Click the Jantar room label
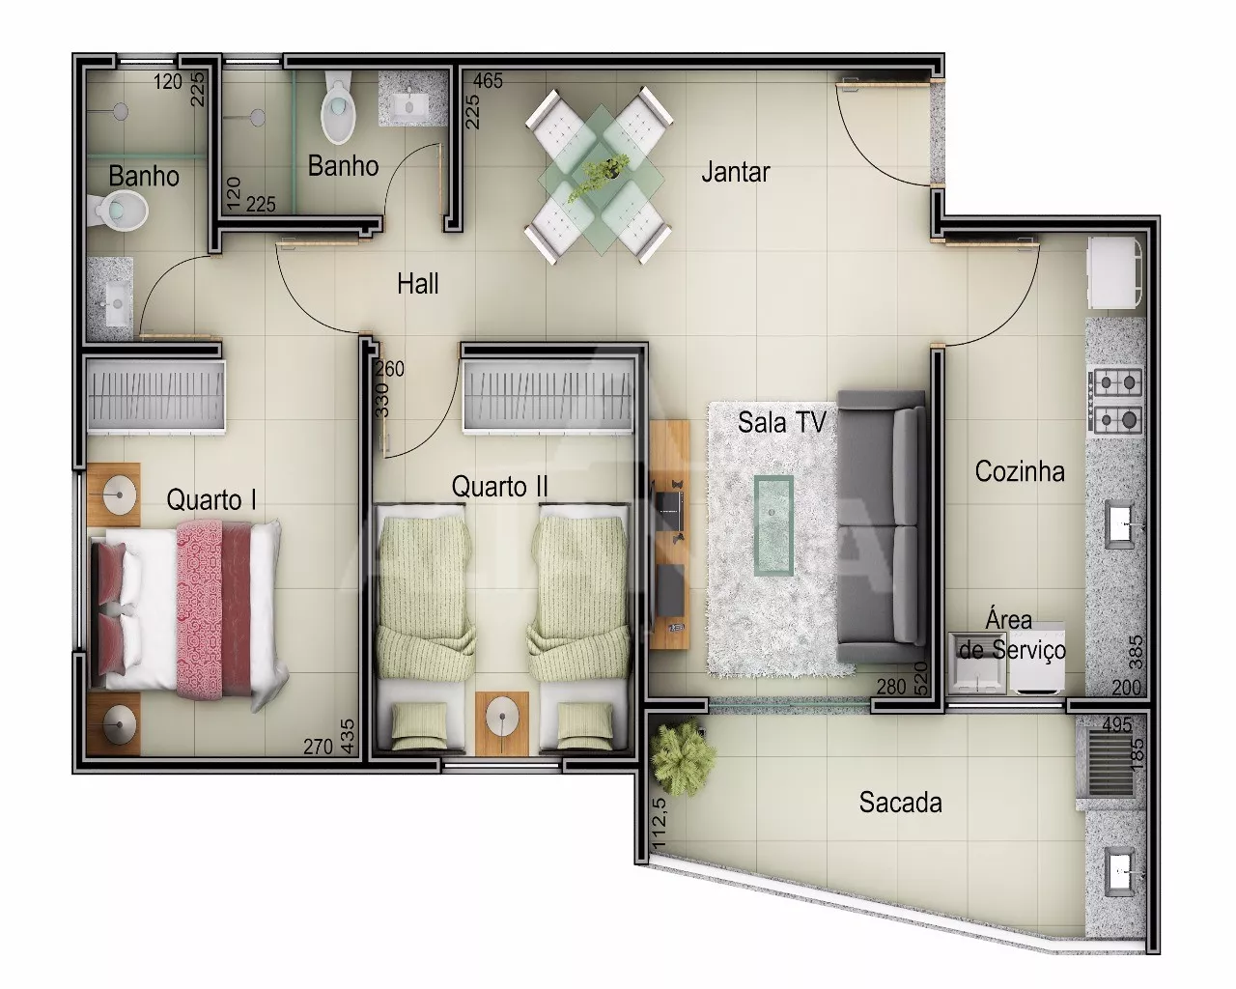[x=735, y=172]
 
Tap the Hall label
[x=417, y=284]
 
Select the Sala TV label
[x=782, y=422]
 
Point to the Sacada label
[x=900, y=803]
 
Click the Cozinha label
[x=1020, y=471]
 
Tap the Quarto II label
[x=499, y=486]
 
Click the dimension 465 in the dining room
[x=488, y=81]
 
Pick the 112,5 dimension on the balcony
[x=660, y=822]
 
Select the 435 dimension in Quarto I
[x=348, y=736]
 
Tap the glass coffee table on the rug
[x=773, y=525]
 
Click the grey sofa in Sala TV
[x=881, y=526]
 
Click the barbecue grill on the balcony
[x=1106, y=763]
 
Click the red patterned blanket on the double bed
[x=199, y=610]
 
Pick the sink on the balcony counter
[x=1119, y=872]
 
